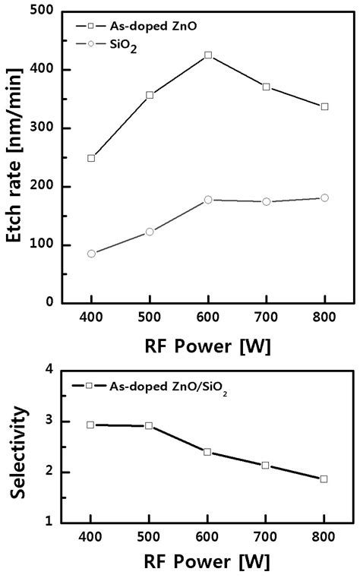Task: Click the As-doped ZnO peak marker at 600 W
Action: tap(208, 55)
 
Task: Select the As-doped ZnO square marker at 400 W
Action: tap(91, 158)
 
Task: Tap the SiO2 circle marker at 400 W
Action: tap(91, 253)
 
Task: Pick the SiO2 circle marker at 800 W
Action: tap(324, 197)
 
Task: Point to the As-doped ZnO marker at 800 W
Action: tap(324, 106)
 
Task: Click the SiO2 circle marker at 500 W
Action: tap(150, 232)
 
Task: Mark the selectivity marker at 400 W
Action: tap(90, 425)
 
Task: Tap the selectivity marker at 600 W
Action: tap(207, 451)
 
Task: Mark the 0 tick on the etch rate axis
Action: tap(50, 302)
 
